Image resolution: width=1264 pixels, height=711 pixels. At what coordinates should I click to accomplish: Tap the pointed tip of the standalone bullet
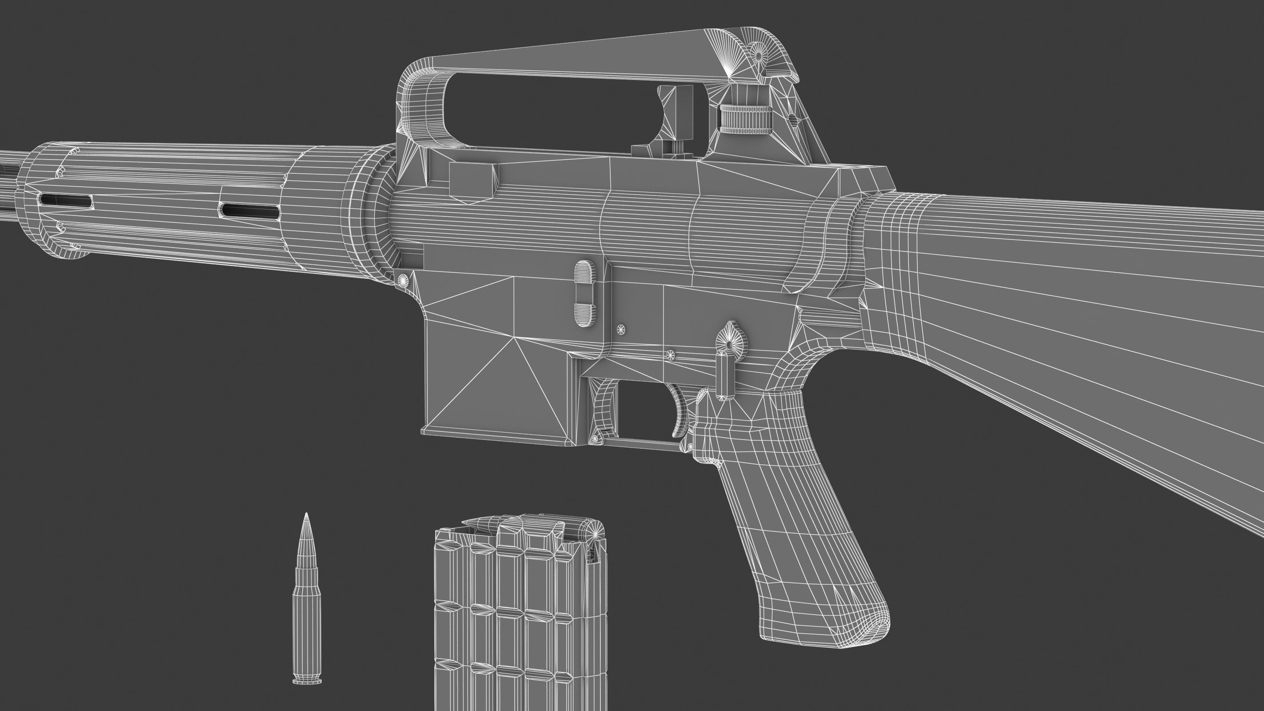(x=307, y=516)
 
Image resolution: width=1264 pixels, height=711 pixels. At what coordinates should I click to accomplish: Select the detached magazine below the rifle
(x=520, y=623)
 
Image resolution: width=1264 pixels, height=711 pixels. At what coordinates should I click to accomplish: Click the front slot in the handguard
(x=66, y=200)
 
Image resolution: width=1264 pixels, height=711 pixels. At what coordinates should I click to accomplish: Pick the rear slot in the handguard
(x=250, y=211)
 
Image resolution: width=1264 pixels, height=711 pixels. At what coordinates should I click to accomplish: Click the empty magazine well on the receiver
(x=496, y=383)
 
